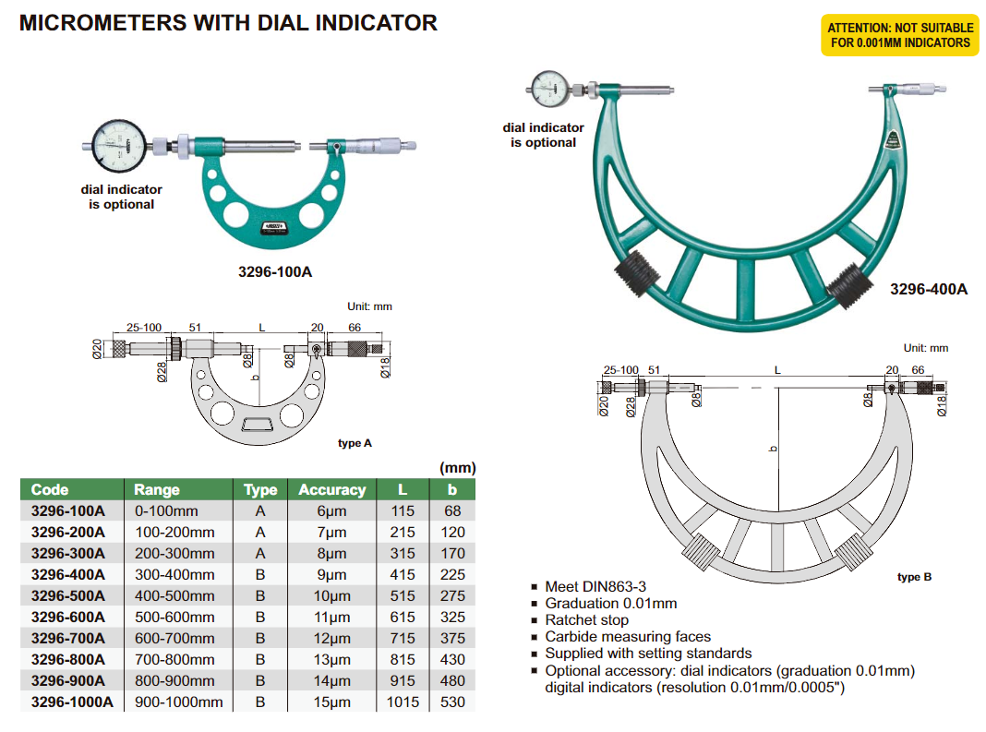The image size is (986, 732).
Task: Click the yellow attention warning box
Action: [x=898, y=35]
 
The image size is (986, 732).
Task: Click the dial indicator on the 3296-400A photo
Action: [x=552, y=90]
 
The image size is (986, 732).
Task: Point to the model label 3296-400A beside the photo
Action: [x=928, y=289]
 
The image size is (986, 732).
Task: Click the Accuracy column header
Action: [x=331, y=490]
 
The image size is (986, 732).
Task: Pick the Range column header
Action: [x=157, y=490]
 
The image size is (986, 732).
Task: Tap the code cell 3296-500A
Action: [x=68, y=595]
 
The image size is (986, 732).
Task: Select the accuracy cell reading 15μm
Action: [x=331, y=702]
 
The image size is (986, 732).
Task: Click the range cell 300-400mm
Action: [x=174, y=574]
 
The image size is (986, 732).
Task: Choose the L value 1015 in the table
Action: [x=402, y=702]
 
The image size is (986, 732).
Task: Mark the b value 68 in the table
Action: [x=451, y=510]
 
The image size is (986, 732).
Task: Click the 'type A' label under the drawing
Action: [x=355, y=443]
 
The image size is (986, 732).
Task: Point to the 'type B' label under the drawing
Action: [x=914, y=577]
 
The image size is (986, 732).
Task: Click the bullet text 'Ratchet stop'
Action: [x=586, y=619]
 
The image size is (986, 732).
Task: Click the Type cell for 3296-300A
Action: [x=260, y=553]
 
